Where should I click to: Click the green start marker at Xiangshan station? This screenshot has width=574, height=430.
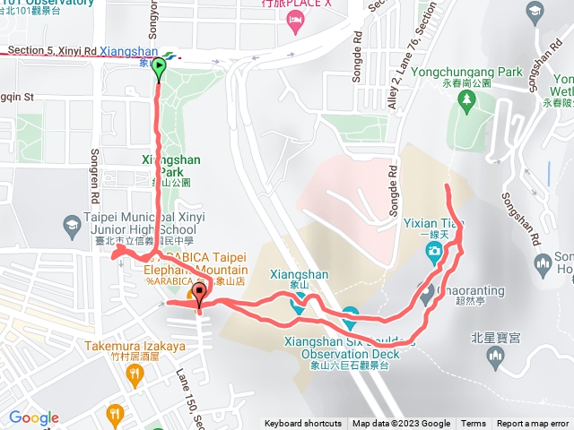tap(160, 65)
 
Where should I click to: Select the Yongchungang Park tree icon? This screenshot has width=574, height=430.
tap(465, 103)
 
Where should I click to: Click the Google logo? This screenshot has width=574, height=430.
tap(34, 417)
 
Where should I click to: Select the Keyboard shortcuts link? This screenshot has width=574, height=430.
tap(302, 424)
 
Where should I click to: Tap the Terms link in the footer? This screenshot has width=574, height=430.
tap(474, 424)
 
